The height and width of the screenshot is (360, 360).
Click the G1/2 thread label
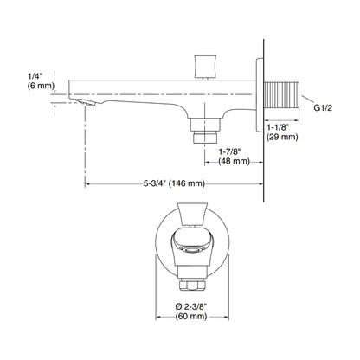point(323,108)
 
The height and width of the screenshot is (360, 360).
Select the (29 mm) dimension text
point(282,138)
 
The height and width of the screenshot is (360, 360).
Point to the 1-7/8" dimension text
point(230,151)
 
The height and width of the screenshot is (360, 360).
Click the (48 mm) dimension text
point(234,161)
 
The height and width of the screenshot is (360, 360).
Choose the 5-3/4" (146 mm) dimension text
point(174,183)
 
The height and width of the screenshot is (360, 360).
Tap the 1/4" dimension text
point(35,76)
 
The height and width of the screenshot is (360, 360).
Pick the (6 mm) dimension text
point(41,86)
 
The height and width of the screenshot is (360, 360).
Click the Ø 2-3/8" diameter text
point(192,306)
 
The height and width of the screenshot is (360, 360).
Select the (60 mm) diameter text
point(191,317)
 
